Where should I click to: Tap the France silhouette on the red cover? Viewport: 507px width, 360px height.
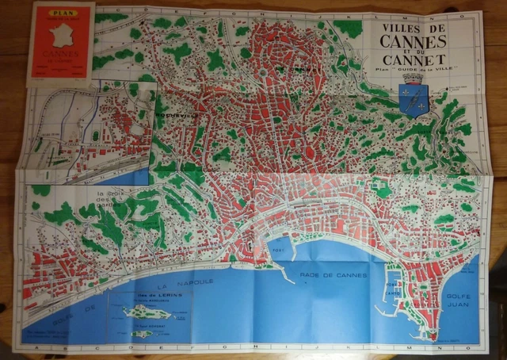click(x=59, y=35)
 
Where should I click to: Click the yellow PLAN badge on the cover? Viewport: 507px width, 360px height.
click(x=59, y=13)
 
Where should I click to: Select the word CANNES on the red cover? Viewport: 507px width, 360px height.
click(x=59, y=56)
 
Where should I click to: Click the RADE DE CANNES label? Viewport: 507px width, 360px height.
click(x=333, y=275)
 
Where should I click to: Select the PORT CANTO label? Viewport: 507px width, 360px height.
click(x=393, y=289)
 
